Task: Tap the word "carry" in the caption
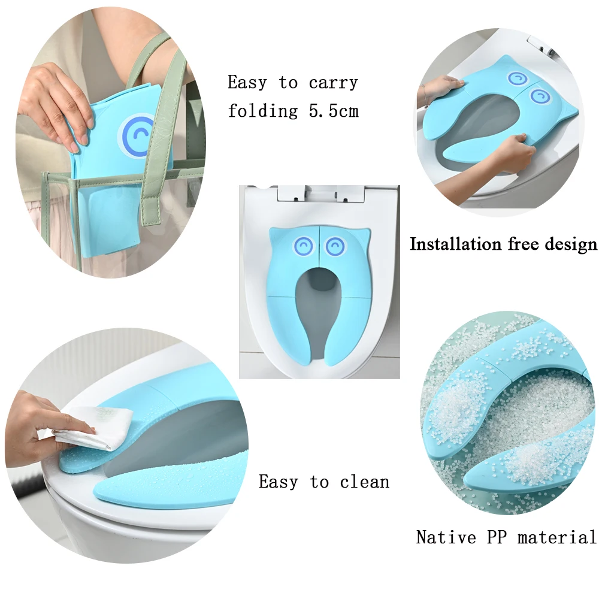click(333, 83)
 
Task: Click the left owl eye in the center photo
click(304, 244)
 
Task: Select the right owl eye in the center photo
click(335, 244)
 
